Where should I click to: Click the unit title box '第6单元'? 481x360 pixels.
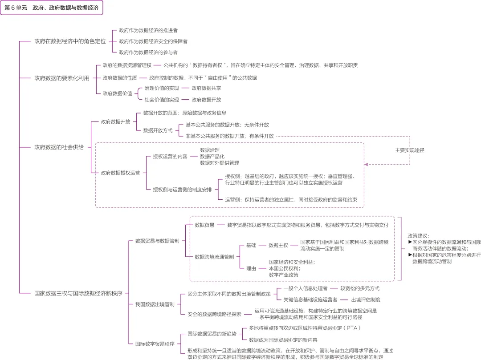click(x=52, y=8)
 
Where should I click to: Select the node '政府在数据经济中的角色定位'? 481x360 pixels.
click(x=70, y=41)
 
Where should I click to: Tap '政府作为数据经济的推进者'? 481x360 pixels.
click(x=148, y=30)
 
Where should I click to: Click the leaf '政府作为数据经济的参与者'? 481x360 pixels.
click(x=148, y=53)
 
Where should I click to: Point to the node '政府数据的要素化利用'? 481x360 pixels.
click(x=61, y=78)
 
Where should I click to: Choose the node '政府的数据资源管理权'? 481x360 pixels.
click(x=127, y=65)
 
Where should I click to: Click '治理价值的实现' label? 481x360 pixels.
click(x=162, y=88)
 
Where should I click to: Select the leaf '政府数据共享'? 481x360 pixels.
click(x=207, y=88)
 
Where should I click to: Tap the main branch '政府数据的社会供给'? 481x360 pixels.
click(x=59, y=147)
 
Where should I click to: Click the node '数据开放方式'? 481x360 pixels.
click(x=158, y=130)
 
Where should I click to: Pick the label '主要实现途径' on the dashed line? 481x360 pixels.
click(x=410, y=150)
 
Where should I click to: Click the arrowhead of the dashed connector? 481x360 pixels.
click(x=366, y=165)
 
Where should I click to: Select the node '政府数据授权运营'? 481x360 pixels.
click(x=121, y=173)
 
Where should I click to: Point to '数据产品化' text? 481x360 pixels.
click(x=212, y=157)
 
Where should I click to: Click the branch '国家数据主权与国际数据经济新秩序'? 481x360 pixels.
click(x=78, y=293)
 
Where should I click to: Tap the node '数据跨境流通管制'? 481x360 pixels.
click(x=214, y=257)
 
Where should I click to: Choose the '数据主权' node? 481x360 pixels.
click(x=278, y=245)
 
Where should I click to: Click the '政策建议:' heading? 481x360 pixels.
click(x=418, y=235)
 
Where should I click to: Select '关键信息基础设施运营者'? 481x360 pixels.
click(x=310, y=299)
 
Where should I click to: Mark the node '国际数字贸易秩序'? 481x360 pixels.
click(x=155, y=344)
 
